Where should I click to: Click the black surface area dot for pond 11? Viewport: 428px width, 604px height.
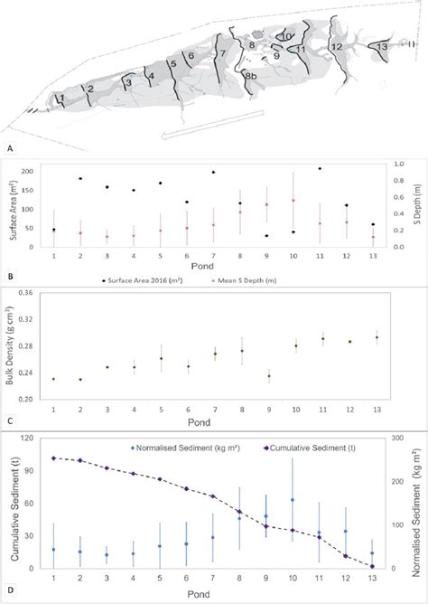tap(320, 169)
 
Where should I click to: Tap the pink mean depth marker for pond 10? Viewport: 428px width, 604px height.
tap(293, 201)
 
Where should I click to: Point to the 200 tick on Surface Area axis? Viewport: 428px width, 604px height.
tap(38, 171)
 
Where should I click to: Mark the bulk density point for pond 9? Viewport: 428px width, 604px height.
tap(267, 376)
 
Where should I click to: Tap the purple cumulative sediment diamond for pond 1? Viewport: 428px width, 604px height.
tap(54, 458)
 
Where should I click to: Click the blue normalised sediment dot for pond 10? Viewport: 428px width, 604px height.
tap(293, 500)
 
